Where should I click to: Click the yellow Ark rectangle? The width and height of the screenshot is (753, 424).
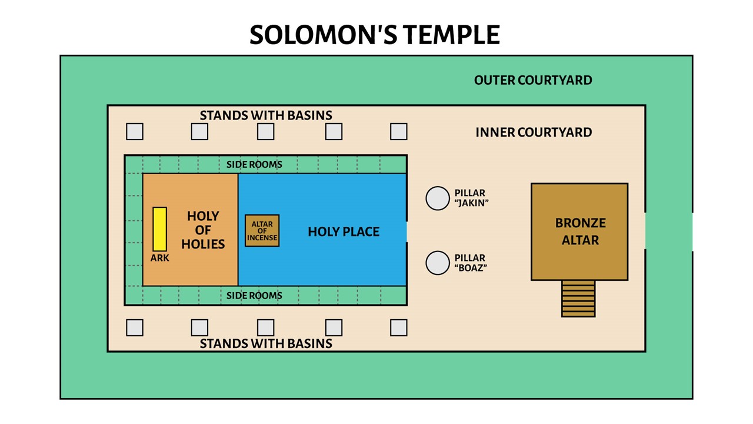click(159, 229)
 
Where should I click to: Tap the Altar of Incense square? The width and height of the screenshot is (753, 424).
click(262, 231)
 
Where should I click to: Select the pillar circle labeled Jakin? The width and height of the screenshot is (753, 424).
click(438, 198)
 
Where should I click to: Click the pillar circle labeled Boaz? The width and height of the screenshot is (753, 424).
click(438, 263)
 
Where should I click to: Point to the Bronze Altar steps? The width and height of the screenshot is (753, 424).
click(578, 299)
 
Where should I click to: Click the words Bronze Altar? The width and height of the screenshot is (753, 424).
click(580, 231)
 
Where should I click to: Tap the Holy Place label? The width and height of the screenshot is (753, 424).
click(344, 232)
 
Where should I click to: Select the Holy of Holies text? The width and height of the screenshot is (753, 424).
click(203, 230)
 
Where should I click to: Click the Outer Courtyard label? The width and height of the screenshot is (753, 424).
click(533, 80)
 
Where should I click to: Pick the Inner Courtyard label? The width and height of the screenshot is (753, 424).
click(534, 132)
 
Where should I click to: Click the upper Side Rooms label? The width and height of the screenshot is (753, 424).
click(254, 164)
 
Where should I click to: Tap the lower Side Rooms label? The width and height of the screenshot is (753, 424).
click(254, 296)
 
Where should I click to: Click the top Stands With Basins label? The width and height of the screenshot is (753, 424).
click(266, 115)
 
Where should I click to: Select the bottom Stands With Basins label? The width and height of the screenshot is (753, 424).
click(266, 343)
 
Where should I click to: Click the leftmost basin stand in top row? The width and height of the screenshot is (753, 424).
click(135, 131)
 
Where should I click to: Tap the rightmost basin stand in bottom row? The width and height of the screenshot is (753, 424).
click(399, 327)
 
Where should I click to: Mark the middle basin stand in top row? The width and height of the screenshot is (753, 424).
click(266, 131)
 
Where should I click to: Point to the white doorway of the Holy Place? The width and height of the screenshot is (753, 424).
click(407, 231)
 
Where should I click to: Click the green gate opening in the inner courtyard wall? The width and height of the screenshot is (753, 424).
click(645, 231)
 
